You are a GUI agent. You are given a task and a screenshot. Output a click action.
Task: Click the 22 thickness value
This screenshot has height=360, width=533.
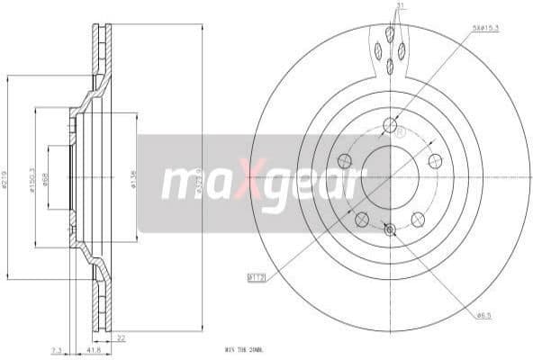click(121, 337)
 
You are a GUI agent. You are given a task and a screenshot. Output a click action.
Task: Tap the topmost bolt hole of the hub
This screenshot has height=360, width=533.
click(390, 125)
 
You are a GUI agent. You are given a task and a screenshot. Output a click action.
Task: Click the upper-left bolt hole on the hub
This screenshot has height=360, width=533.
click(344, 161)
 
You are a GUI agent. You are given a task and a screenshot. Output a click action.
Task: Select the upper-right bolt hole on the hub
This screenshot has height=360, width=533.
click(435, 161)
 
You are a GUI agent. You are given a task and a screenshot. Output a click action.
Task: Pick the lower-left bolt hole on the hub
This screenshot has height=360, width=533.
click(361, 219)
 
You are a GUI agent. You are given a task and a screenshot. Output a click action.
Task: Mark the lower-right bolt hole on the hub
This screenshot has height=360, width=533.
click(418, 219)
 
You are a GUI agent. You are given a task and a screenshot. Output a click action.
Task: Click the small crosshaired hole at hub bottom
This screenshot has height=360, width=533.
click(390, 229)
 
